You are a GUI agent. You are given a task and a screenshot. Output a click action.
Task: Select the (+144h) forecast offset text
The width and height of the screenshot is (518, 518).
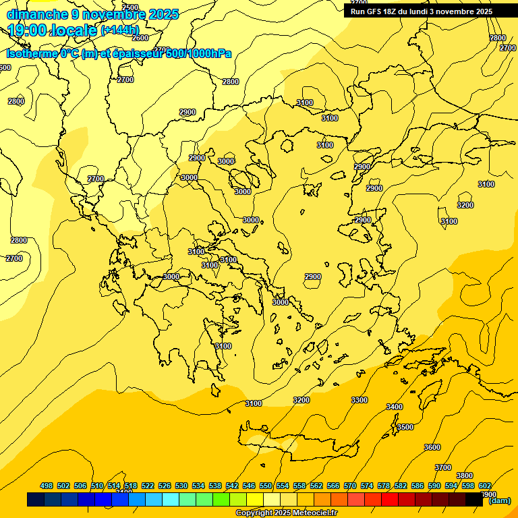tap(119, 30)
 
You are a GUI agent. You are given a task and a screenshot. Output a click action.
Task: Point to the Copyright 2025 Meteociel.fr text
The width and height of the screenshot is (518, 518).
tap(286, 513)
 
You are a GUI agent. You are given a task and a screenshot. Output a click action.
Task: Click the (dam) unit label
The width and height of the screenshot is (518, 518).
tap(500, 500)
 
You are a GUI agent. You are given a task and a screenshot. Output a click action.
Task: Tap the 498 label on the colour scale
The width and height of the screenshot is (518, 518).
tap(47, 486)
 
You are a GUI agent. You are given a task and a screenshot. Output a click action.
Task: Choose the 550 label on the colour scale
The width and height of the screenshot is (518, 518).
tap(266, 486)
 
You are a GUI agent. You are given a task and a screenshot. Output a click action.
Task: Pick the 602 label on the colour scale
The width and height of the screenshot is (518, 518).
tap(485, 486)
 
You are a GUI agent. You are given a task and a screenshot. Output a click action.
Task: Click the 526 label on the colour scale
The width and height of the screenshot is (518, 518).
tap(165, 486)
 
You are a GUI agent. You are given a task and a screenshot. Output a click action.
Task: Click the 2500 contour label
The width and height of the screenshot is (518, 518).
tap(130, 7)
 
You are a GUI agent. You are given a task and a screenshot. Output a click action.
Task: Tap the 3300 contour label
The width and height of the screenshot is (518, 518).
tap(359, 400)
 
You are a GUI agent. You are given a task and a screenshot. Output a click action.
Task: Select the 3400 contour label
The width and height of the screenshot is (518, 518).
tap(395, 407)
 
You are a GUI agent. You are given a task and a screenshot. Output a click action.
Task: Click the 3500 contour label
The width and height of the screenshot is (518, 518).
tap(405, 427)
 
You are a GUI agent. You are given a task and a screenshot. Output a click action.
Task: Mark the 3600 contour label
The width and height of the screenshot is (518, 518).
tap(432, 447)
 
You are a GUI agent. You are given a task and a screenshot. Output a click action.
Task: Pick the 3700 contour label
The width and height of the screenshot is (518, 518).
tap(443, 467)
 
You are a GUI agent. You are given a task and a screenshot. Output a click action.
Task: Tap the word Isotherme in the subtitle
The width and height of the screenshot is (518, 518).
tap(31, 54)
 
